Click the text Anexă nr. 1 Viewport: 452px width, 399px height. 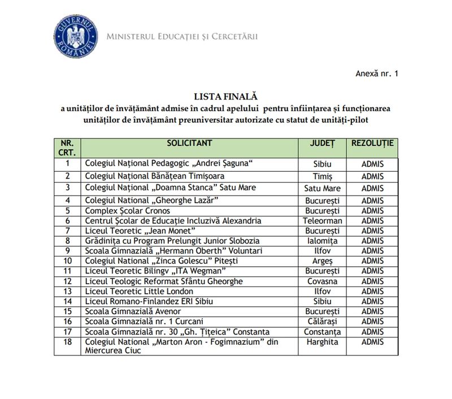coord(377,73)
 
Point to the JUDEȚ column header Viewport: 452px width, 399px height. coord(322,143)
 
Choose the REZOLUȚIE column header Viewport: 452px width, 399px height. coord(372,143)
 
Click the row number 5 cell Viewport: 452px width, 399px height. coord(68,210)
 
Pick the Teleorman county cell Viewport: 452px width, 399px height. coord(322,220)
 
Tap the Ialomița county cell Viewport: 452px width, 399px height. coord(322,241)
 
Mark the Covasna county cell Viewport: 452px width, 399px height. coord(322,281)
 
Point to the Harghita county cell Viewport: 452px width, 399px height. coord(322,342)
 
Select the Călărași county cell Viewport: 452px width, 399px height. coord(322,322)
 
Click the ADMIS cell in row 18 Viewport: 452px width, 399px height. coord(372,342)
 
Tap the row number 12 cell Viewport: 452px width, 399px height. coord(68,281)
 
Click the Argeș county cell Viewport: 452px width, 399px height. coord(322,261)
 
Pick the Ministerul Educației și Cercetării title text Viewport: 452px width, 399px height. coord(182,37)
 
